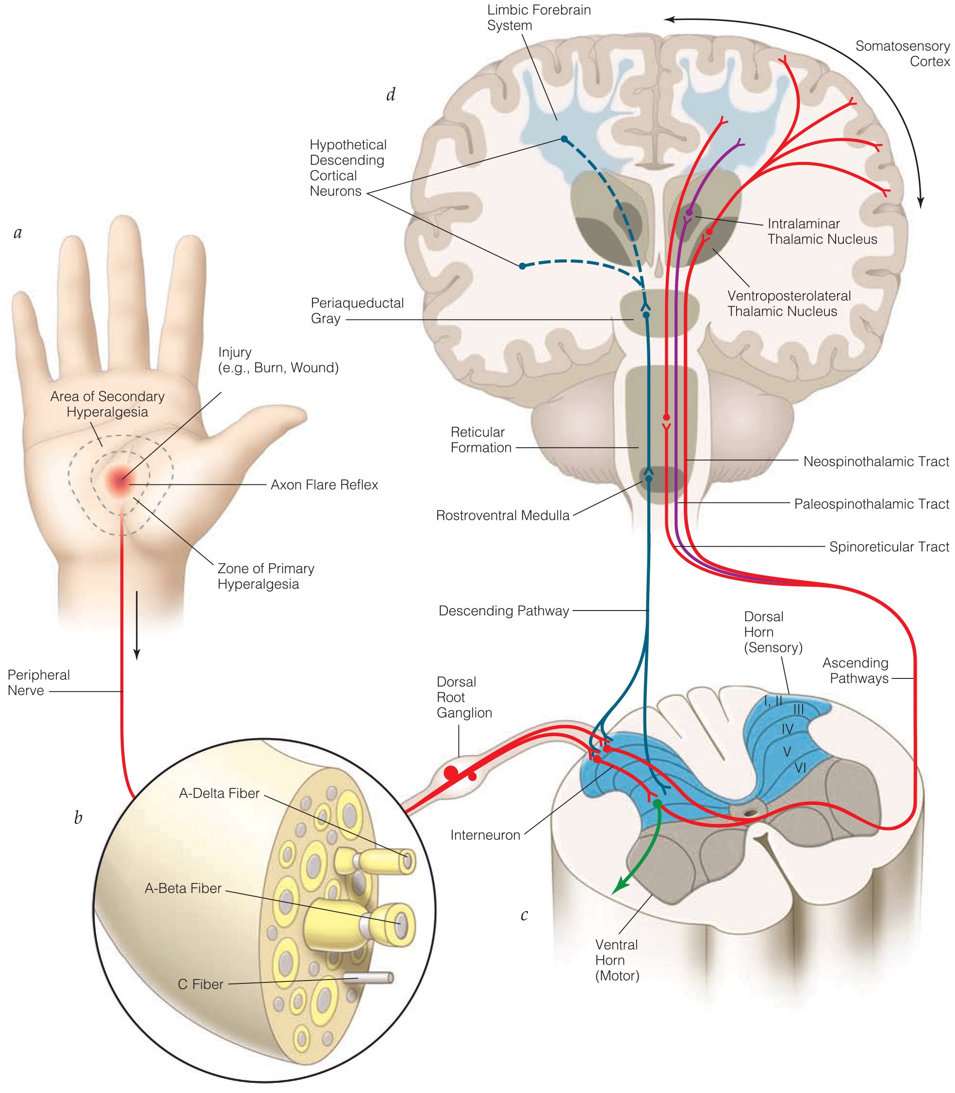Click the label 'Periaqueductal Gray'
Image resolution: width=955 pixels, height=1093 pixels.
point(357,310)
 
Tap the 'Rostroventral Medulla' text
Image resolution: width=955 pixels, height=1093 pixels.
point(502,515)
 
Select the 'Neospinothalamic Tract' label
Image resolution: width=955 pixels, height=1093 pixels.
point(875,461)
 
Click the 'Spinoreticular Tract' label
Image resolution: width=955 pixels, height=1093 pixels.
point(889,546)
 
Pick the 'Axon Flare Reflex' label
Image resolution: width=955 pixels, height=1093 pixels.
point(324,485)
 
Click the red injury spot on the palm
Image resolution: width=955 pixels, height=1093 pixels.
point(121,481)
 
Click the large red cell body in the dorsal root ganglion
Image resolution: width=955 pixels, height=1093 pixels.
point(451,772)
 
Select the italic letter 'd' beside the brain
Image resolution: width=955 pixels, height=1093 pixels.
point(391,95)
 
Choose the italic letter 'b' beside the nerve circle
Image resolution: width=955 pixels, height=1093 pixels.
point(78,818)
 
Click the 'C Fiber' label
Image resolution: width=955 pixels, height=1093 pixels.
point(200,984)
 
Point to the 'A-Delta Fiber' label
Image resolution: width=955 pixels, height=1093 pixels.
point(219,793)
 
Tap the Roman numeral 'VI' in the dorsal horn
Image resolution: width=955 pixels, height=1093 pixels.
point(800,768)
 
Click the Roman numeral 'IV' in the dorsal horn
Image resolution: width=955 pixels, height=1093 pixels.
point(787,729)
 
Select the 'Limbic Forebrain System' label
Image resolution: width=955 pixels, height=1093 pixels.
point(538,17)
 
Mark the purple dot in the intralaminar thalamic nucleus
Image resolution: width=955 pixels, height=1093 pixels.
point(689,212)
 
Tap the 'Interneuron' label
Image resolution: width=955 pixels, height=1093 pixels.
point(485,835)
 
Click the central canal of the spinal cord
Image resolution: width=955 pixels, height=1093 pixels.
point(750,813)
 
